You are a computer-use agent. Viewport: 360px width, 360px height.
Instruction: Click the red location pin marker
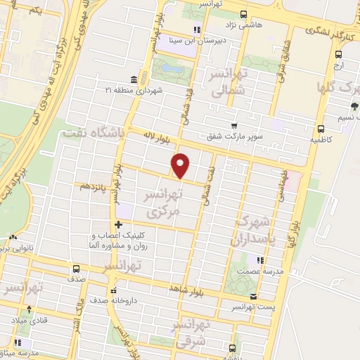pos(181,165)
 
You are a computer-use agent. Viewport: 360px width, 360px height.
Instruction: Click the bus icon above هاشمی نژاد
pos(243,13)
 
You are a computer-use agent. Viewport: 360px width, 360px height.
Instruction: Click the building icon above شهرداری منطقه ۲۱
pos(134,79)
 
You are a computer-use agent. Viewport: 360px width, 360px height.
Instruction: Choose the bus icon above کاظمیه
pos(321,129)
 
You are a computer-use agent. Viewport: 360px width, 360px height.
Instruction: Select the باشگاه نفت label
pos(94,131)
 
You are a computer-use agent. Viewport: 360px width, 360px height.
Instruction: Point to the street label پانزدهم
pos(94,186)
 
